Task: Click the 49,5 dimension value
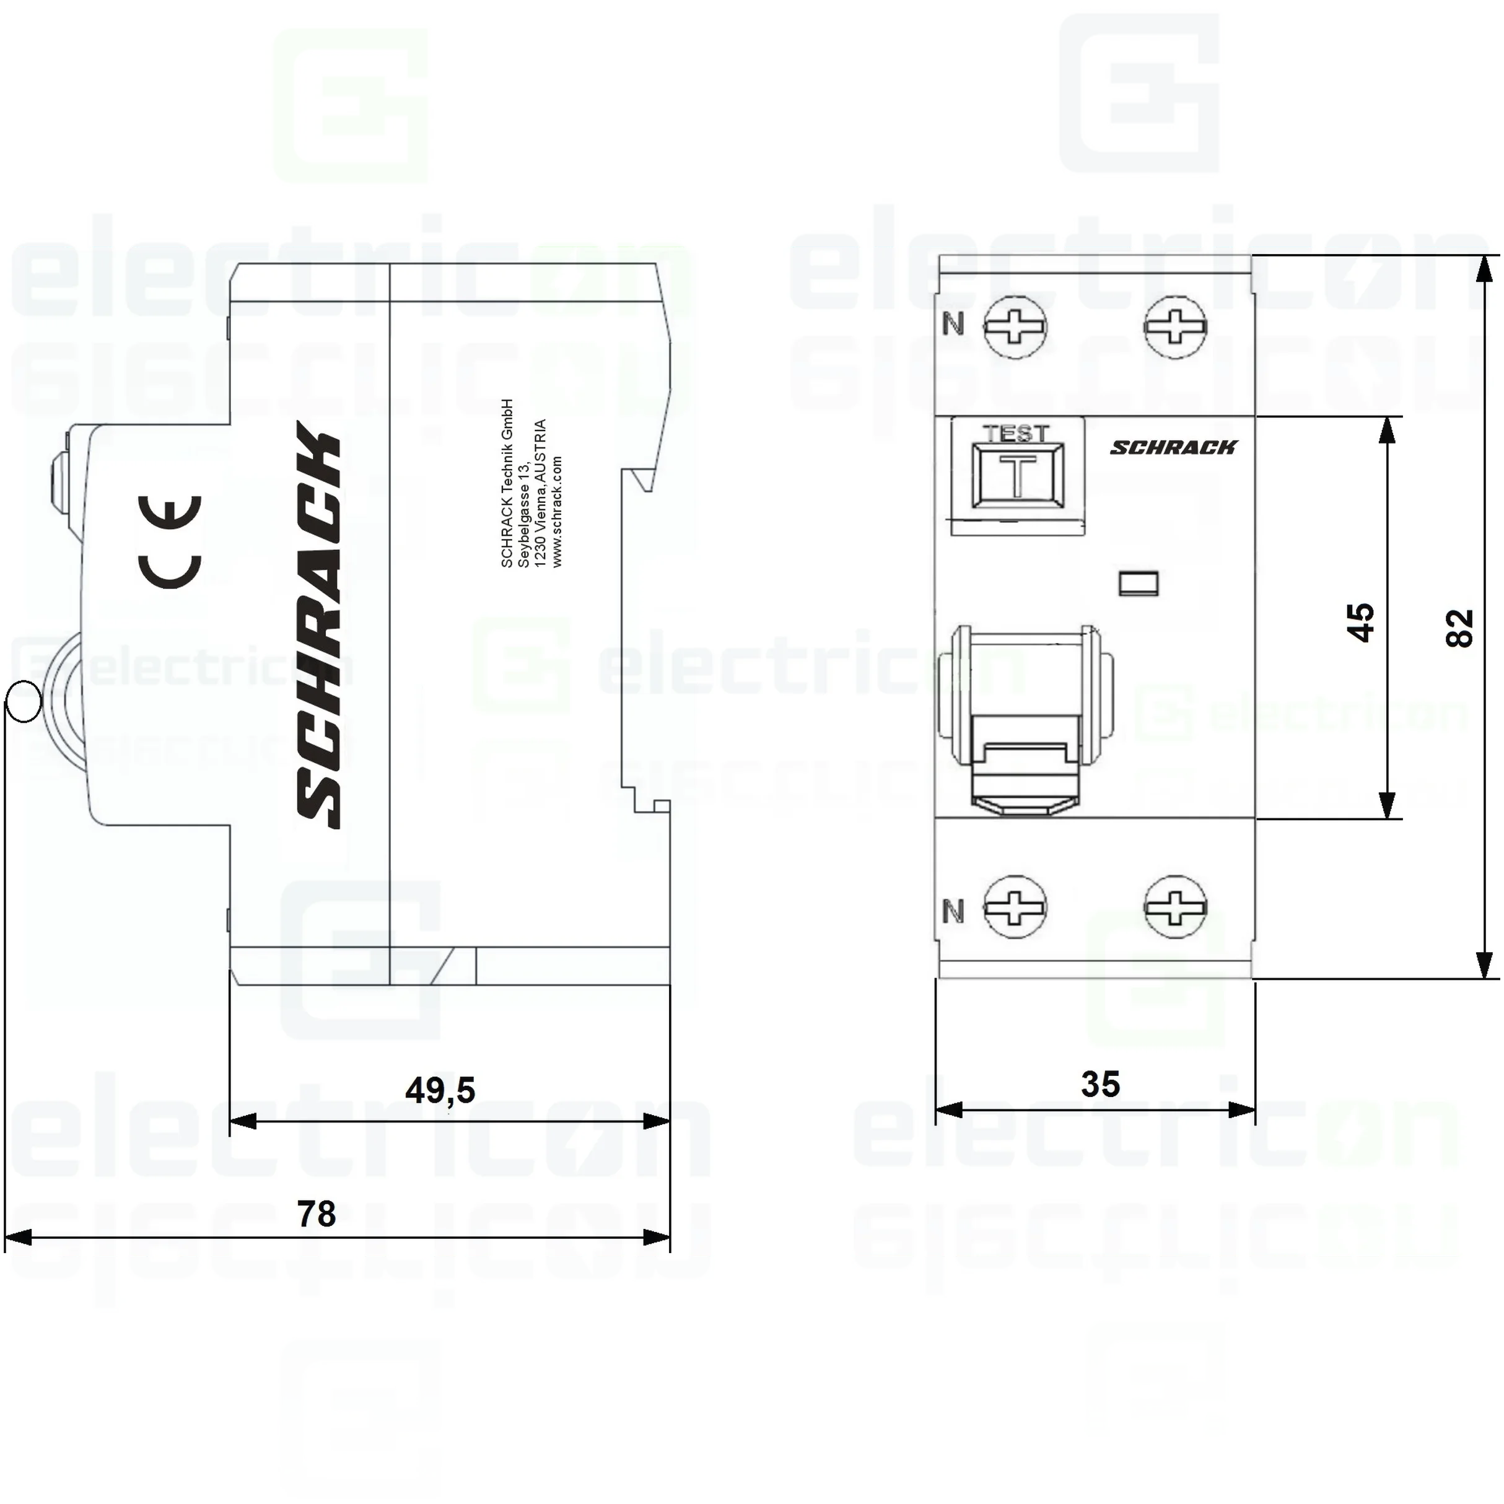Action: pos(440,1090)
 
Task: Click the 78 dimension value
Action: pos(316,1213)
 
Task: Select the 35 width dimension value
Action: pos(1100,1083)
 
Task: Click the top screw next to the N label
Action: pos(1015,326)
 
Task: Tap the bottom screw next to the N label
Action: pos(1015,907)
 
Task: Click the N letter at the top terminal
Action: pos(953,324)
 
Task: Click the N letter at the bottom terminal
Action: pos(953,911)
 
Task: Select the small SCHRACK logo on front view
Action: pos(1173,447)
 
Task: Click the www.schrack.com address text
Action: pos(557,512)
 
